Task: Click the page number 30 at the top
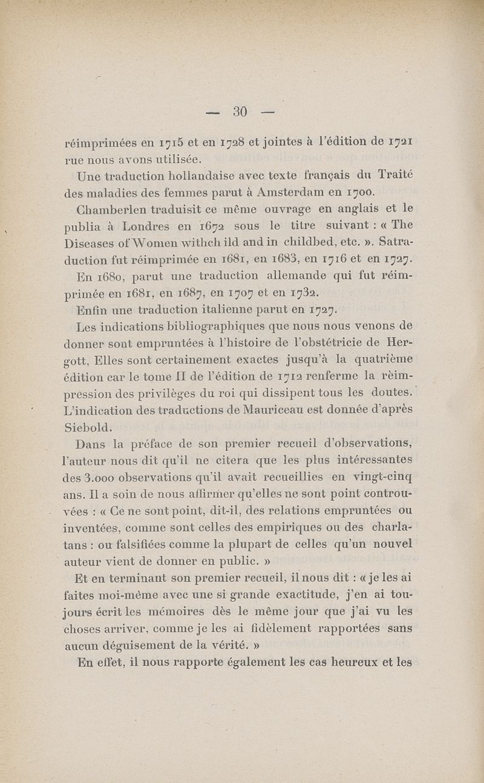tap(241, 111)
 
